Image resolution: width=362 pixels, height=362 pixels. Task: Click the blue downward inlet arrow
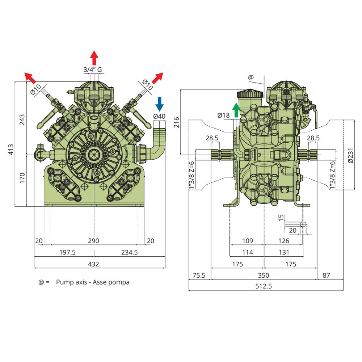click(159, 104)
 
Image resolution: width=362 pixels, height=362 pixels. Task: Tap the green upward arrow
click(236, 110)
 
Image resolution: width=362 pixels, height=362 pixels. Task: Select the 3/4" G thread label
click(93, 70)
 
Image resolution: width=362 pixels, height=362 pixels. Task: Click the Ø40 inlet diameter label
click(159, 116)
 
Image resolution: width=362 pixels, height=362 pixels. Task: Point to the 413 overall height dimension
click(11, 150)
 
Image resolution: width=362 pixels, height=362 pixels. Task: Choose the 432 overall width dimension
click(93, 264)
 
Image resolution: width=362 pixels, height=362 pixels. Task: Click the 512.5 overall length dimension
click(264, 286)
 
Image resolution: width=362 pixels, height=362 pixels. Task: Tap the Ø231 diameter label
click(350, 156)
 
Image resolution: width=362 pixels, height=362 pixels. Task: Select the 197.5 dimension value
click(67, 252)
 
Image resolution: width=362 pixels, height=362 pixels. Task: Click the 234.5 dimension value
click(130, 252)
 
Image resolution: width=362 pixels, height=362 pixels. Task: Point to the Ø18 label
click(223, 115)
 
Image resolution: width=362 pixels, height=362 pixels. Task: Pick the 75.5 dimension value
click(199, 275)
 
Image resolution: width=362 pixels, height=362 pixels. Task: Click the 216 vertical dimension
click(177, 122)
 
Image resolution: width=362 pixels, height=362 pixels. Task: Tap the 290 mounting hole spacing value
click(93, 241)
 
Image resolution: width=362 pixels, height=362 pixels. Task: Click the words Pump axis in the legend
click(72, 282)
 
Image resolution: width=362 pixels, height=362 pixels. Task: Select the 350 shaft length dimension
click(264, 275)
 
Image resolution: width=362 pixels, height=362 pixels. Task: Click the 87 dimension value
click(326, 275)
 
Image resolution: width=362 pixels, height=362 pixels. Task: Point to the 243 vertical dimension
click(22, 119)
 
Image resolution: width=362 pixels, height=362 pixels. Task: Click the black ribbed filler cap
click(250, 94)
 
